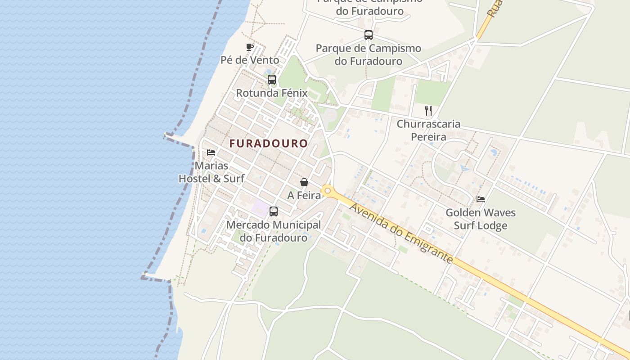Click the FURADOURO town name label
269,144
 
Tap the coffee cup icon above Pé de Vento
250,47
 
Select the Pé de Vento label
250,60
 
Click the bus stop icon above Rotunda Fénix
272,80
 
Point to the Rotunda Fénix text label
272,93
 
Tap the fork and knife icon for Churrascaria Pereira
428,110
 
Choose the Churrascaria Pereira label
428,130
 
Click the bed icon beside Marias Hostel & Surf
211,153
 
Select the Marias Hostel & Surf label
211,172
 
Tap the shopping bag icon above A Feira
304,182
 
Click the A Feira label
304,195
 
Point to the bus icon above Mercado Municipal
273,211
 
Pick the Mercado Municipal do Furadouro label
274,231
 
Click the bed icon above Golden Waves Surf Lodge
481,199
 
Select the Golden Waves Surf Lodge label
481,219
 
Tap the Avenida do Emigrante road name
400,233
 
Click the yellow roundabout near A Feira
328,191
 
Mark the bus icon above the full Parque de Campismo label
369,35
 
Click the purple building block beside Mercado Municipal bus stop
260,208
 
